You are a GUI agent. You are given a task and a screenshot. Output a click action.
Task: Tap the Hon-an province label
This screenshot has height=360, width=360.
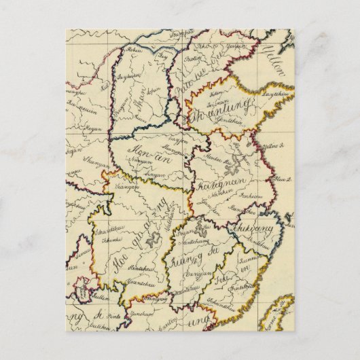coord(149,154)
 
